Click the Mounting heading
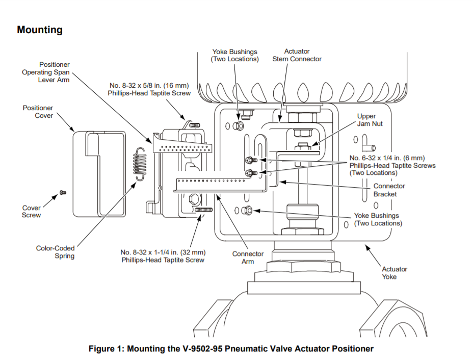coord(40,30)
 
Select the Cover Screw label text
coord(32,212)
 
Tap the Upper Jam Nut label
coord(370,120)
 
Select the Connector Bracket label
coord(389,190)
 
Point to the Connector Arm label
coord(248,258)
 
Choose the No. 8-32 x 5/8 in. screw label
coord(149,89)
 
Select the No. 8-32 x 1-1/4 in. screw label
coord(163,256)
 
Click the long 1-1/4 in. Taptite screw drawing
coord(203,210)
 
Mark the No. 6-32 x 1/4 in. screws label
coord(392,165)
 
